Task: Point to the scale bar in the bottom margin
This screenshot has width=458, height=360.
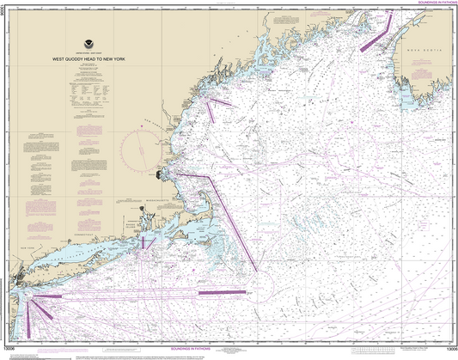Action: coord(228,352)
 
